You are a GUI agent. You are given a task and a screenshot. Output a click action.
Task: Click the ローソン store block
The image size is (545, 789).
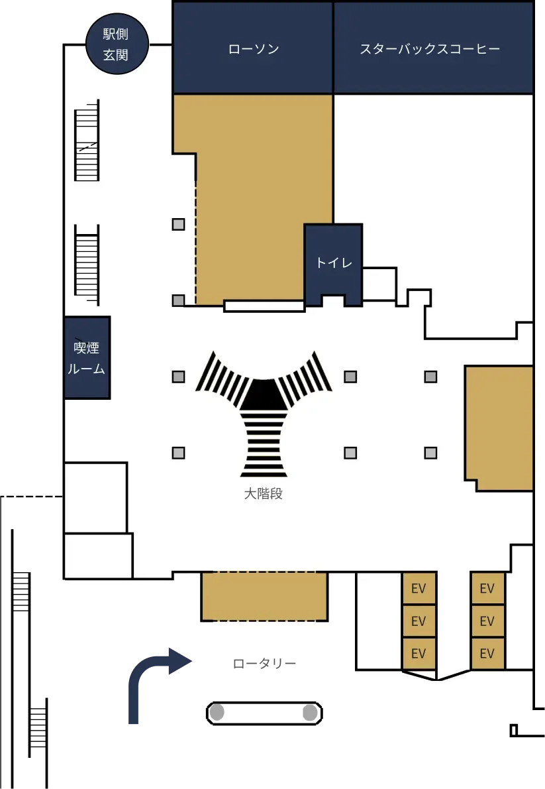[x=253, y=48]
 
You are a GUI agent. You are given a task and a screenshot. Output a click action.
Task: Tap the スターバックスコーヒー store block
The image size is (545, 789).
[x=433, y=48]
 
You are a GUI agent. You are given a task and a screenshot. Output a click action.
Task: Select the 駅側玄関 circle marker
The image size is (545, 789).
[x=117, y=44]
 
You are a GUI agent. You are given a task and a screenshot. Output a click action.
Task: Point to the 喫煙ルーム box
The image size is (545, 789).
[x=87, y=358]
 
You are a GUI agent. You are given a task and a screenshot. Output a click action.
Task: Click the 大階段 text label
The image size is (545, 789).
[x=264, y=494]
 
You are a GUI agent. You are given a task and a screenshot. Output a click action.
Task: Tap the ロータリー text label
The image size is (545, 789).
[x=264, y=664]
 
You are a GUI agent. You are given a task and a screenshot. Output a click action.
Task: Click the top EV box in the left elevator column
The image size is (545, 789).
[x=419, y=587]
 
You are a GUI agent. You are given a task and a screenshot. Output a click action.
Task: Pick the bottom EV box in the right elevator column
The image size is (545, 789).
[x=487, y=653]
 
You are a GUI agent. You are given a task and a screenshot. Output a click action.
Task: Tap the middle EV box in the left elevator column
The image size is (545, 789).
[x=419, y=621]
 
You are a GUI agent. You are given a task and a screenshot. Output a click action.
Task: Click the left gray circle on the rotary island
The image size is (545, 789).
[x=217, y=712]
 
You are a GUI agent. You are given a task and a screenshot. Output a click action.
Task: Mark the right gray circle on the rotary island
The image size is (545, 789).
[x=310, y=713]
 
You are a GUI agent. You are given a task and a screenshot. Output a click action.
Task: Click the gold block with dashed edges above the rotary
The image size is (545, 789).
[x=264, y=596]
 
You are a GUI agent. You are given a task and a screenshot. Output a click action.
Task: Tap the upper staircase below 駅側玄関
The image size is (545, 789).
[x=87, y=140]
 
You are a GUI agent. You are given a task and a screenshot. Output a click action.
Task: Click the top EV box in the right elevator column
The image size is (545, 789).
[x=487, y=587]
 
